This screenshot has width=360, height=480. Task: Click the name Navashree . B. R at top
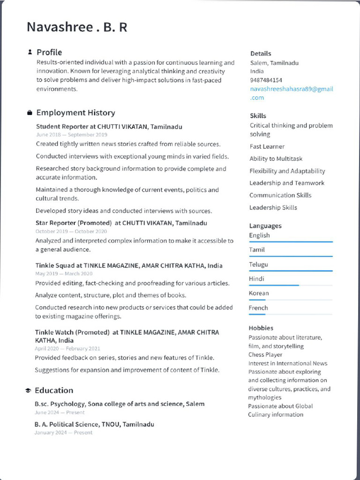[x=77, y=27]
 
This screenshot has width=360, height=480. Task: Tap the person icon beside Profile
[x=30, y=52]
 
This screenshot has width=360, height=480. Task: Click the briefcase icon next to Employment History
[x=30, y=113]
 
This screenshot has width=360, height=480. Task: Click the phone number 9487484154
[x=266, y=80]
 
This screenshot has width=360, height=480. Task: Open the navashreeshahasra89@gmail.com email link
[x=291, y=93]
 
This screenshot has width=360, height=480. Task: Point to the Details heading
[x=261, y=53]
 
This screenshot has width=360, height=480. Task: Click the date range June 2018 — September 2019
[x=71, y=135]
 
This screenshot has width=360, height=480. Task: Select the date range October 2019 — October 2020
[x=71, y=231]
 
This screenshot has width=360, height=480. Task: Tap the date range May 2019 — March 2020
[x=64, y=274]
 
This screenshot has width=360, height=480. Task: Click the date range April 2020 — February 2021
[x=67, y=349]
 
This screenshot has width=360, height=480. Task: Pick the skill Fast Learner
[x=267, y=147]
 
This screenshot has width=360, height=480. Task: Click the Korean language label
[x=259, y=293]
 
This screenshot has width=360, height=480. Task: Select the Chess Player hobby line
[x=265, y=355]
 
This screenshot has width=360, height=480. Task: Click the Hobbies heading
[x=261, y=328]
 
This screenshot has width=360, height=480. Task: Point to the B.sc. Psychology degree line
[x=119, y=404]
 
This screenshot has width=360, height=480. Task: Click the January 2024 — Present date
[x=63, y=433]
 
